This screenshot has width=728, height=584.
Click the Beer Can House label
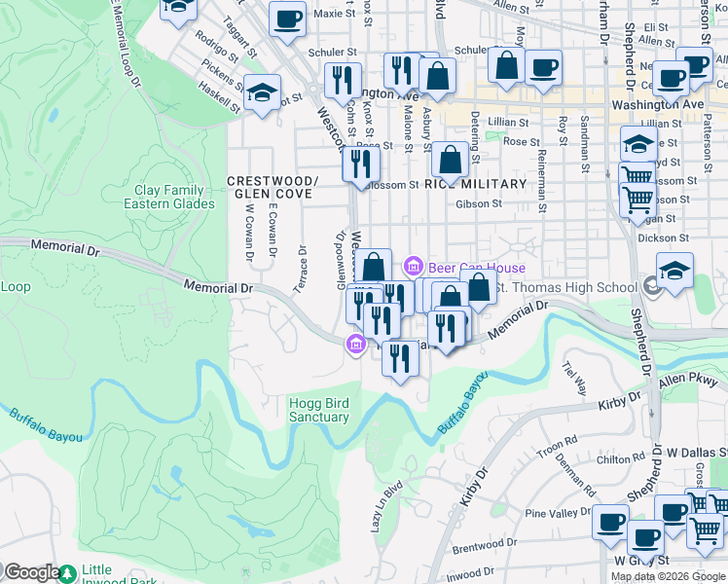tap(477, 268)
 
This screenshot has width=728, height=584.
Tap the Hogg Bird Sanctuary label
tap(318, 410)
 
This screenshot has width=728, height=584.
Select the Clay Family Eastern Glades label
tap(169, 198)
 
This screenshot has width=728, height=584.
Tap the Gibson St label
tap(478, 204)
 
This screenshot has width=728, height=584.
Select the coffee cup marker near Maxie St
tap(287, 18)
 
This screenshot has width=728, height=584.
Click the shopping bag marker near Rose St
tap(450, 160)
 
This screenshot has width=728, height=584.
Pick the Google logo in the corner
tap(31, 573)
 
